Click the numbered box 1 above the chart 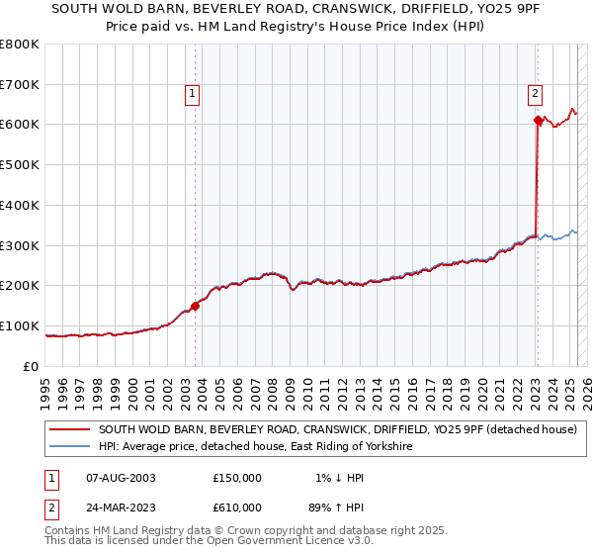click(x=192, y=95)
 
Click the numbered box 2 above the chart click(x=535, y=95)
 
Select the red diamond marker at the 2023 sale click(x=538, y=121)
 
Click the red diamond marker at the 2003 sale click(x=196, y=306)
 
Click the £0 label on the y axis click(x=32, y=367)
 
